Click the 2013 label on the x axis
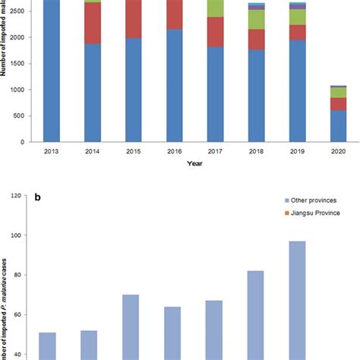click(52, 153)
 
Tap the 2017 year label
click(216, 153)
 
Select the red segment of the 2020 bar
click(338, 104)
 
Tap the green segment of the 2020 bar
click(338, 93)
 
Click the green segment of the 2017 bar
click(216, 8)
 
